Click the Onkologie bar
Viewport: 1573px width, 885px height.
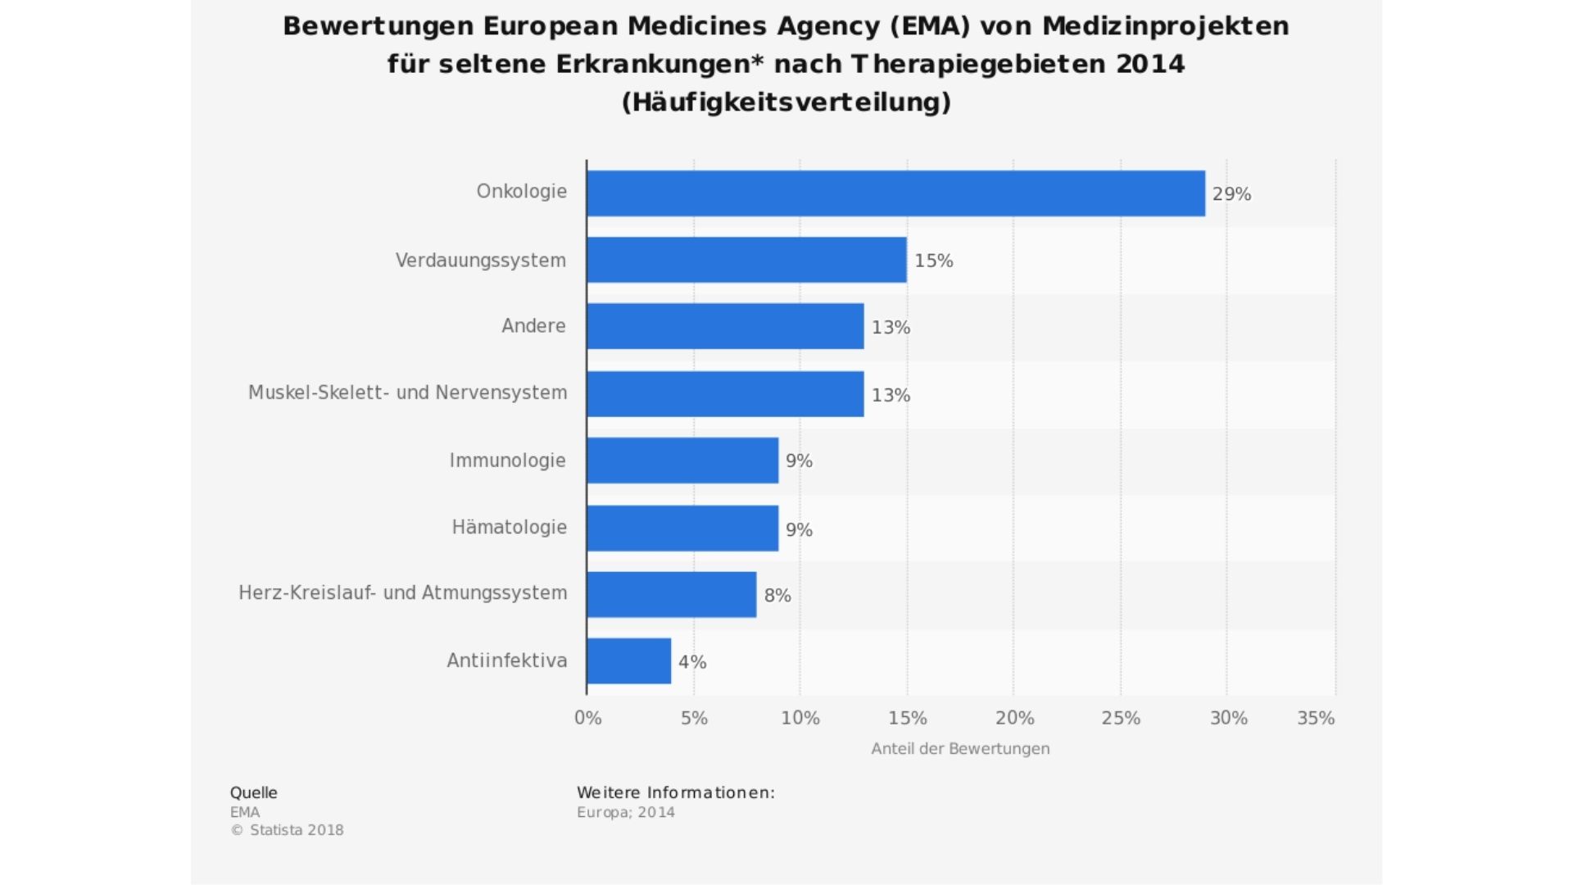tap(895, 193)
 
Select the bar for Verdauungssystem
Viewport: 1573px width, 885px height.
tap(746, 260)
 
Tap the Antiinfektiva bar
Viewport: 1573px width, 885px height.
tap(628, 661)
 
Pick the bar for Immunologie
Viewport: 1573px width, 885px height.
tap(682, 461)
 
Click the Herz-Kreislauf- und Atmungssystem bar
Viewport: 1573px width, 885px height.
tap(671, 595)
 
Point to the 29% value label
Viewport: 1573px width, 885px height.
tap(1231, 194)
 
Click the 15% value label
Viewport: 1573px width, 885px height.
tap(933, 261)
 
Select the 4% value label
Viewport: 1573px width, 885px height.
tap(692, 662)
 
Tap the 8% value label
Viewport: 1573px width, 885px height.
tap(777, 596)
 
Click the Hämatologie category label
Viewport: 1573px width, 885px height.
tap(509, 527)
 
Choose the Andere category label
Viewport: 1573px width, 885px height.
tap(533, 326)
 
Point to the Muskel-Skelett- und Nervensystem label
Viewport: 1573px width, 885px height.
tap(407, 393)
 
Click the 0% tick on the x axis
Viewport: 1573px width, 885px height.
tap(587, 718)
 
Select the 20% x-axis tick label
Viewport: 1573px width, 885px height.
tap(1014, 718)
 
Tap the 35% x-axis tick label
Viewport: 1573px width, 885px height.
tap(1316, 718)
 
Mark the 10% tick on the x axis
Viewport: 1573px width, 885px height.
tap(800, 718)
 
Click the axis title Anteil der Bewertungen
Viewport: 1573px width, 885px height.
tap(960, 749)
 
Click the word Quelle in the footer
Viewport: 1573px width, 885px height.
tap(253, 792)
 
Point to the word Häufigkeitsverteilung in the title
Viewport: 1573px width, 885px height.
tap(786, 102)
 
